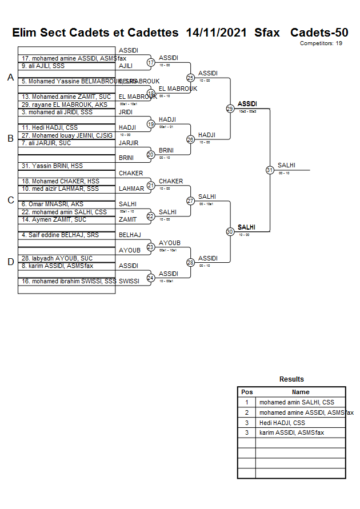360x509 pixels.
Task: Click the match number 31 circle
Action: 270,170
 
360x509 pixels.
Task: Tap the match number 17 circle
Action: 151,62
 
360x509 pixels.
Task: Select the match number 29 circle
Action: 230,109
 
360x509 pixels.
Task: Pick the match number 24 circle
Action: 151,278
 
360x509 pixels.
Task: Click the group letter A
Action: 10,78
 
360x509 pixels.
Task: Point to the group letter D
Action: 10,262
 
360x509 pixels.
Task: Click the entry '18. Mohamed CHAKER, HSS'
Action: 53,181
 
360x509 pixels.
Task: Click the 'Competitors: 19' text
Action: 321,43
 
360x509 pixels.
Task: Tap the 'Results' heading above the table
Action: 291,379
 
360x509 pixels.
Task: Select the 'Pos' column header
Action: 247,392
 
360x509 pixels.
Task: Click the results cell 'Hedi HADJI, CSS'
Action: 282,423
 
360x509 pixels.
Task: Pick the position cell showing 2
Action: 247,412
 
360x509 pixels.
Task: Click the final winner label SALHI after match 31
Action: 286,165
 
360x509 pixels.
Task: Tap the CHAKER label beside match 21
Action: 171,181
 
